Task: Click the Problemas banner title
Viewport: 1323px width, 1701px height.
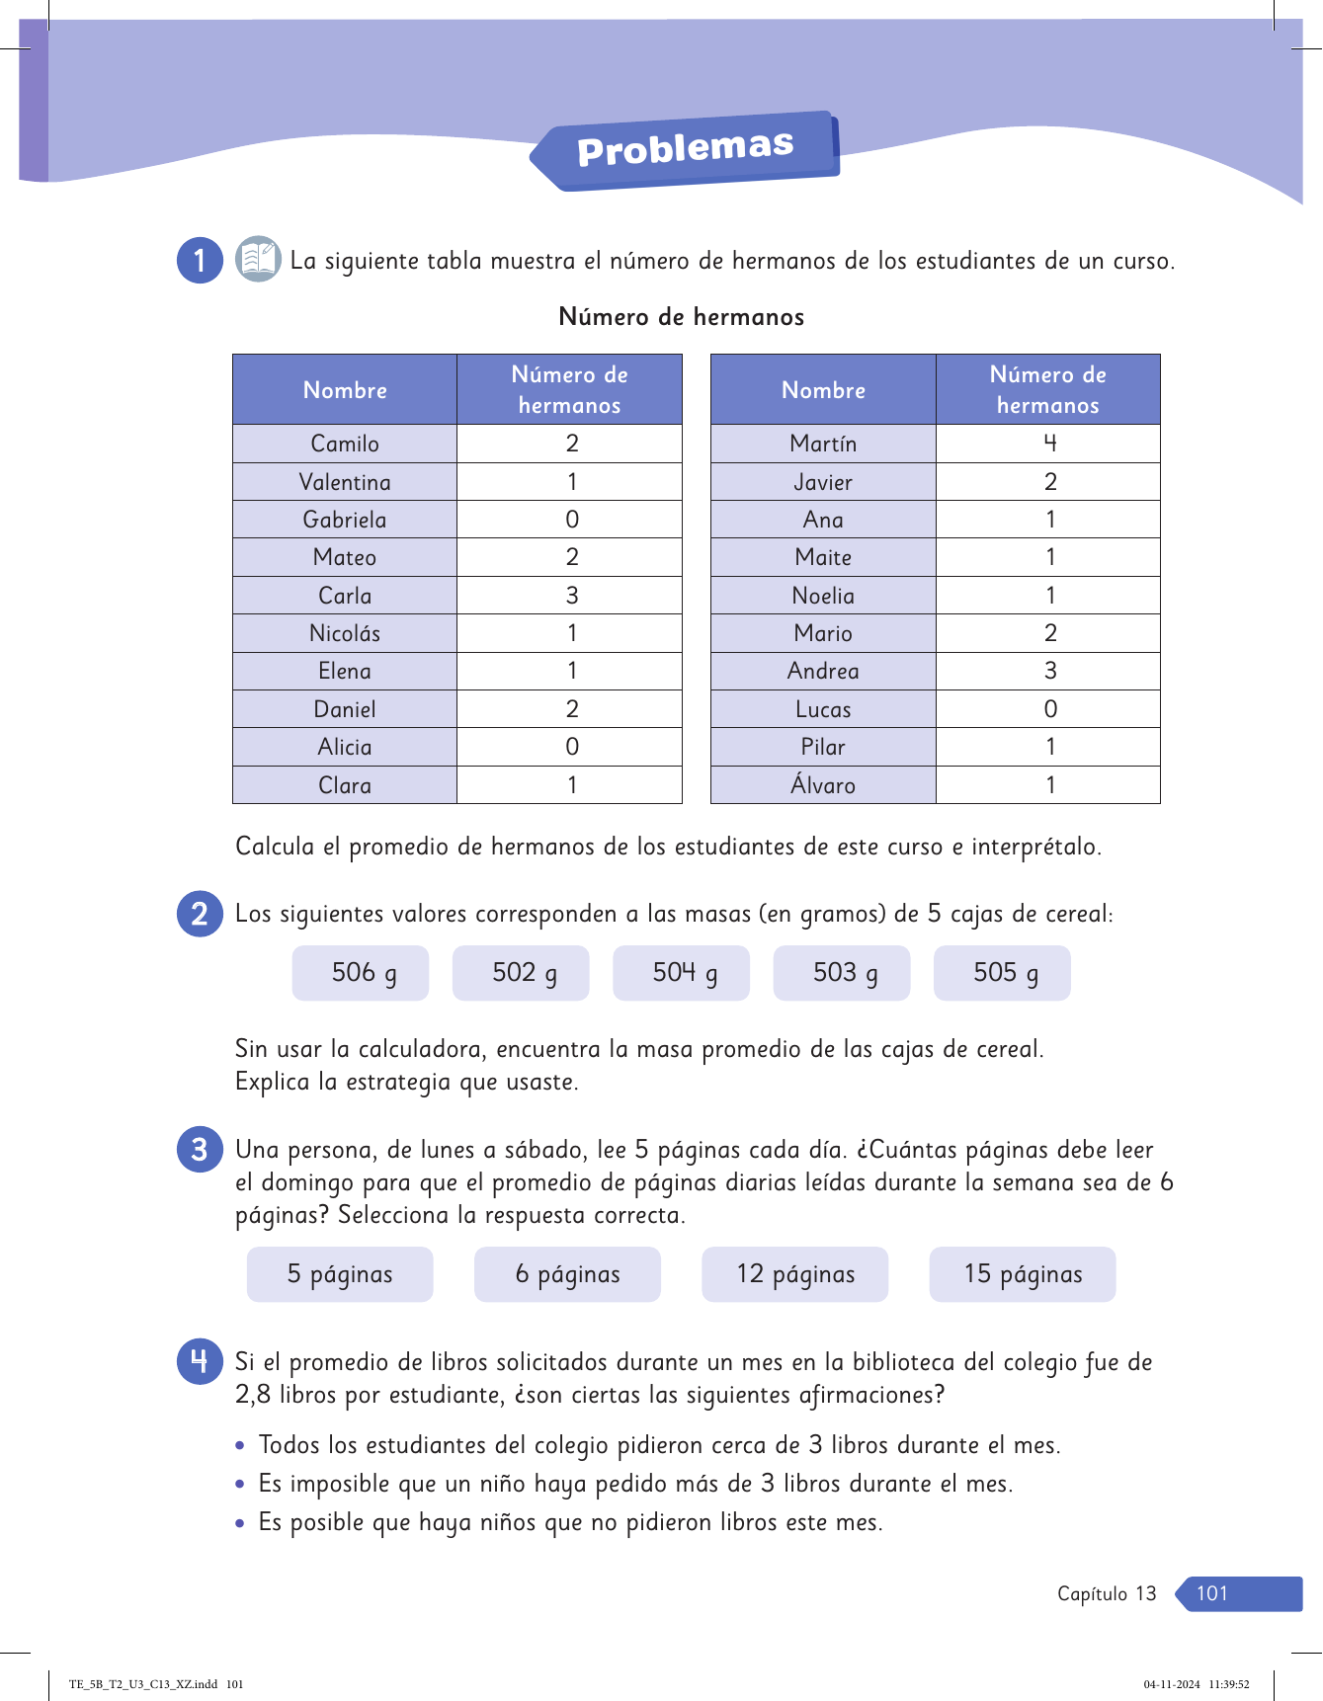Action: (685, 149)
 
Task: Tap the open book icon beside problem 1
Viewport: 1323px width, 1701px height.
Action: (258, 260)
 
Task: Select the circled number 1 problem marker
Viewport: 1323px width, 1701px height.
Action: (200, 261)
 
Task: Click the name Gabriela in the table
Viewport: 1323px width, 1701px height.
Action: (345, 520)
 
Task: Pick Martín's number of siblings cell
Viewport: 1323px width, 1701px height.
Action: (1049, 444)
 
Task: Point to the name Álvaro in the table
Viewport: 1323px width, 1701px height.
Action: (823, 785)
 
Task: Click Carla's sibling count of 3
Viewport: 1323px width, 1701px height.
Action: (571, 596)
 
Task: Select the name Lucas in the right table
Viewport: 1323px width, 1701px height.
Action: (823, 709)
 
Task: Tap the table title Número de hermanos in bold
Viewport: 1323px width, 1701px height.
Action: (681, 317)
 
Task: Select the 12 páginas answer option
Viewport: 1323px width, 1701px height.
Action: (795, 1274)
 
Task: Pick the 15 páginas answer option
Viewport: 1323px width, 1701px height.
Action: (1023, 1274)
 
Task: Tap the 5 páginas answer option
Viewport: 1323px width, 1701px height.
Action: (340, 1274)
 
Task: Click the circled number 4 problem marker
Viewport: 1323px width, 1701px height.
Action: (200, 1362)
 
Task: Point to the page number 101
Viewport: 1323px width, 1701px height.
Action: (1212, 1593)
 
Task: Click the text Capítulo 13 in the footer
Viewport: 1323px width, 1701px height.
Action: (1107, 1593)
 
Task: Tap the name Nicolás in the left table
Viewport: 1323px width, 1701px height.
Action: (345, 633)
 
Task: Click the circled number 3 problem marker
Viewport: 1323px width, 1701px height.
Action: (200, 1150)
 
